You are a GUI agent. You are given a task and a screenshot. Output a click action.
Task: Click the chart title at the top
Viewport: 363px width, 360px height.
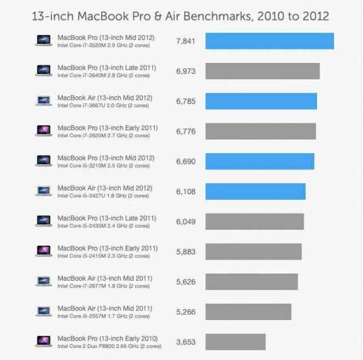(181, 15)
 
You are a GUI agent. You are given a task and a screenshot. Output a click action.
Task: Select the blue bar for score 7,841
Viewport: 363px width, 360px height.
(270, 41)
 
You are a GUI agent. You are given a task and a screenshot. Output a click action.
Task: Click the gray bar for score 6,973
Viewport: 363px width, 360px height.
(263, 71)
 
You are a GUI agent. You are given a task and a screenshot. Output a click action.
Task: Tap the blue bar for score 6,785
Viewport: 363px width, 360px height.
(261, 101)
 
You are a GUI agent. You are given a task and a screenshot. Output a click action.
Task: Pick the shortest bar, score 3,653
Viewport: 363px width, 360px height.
(235, 342)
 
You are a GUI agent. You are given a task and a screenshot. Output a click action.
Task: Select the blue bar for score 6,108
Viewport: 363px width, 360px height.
(255, 191)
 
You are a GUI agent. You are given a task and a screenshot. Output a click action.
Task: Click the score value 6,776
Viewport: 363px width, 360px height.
(186, 131)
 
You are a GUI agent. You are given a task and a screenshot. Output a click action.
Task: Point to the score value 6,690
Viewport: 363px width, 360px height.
(186, 162)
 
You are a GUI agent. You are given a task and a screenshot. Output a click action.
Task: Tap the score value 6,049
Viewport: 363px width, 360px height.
(186, 221)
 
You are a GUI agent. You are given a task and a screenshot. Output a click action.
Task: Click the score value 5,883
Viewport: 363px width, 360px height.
(186, 252)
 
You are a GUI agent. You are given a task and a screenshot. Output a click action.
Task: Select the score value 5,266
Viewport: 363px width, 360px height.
(186, 312)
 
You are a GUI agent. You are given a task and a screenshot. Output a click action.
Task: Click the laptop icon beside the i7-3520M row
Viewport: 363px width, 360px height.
(44, 41)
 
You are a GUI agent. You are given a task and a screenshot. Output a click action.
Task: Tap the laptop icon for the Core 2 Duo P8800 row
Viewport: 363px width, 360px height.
(44, 342)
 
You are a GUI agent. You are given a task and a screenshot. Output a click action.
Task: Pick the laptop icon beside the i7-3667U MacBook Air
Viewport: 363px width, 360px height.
(44, 101)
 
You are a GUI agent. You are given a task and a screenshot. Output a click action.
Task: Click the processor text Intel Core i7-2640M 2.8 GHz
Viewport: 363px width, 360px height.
(103, 76)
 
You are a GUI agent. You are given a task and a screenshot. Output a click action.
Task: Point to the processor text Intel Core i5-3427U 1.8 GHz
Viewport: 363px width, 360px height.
(103, 196)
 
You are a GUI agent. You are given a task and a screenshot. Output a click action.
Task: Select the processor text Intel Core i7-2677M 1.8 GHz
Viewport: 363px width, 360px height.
(103, 286)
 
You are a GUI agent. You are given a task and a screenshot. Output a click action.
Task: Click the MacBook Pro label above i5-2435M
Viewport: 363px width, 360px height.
(106, 218)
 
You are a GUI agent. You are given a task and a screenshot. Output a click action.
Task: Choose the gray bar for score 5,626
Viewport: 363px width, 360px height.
(252, 281)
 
